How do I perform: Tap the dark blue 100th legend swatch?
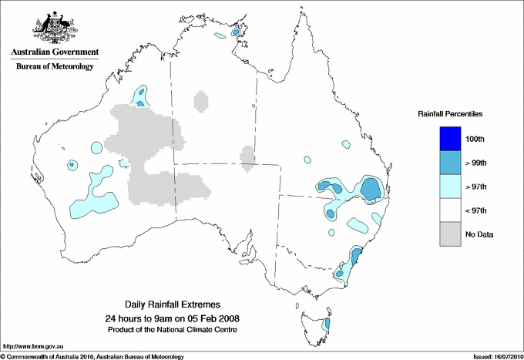coord(450,139)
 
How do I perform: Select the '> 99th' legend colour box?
coord(450,163)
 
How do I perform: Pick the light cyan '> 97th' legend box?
coord(450,187)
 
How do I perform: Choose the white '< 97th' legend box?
coord(450,210)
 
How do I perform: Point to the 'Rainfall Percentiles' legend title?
coord(450,114)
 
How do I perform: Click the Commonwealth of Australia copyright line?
coord(92,355)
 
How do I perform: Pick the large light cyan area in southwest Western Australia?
coord(93,204)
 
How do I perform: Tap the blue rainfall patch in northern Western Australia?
coord(140,96)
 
